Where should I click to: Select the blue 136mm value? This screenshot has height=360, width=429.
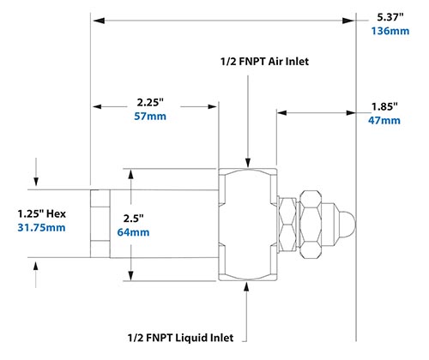tap(389, 31)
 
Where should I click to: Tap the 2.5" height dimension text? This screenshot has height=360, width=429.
tap(153, 217)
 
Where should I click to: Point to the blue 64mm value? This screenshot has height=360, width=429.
tap(153, 232)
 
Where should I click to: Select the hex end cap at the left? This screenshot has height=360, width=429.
tap(100, 224)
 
